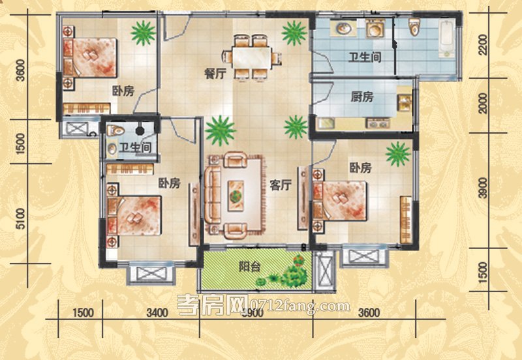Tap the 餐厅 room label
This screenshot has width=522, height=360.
click(x=215, y=74)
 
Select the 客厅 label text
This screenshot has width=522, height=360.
click(x=279, y=185)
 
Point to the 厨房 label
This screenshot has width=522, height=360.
click(x=361, y=97)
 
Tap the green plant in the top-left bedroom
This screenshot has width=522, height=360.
click(x=142, y=31)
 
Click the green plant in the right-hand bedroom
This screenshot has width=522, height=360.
click(x=397, y=154)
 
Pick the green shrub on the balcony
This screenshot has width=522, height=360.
click(x=292, y=275)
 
